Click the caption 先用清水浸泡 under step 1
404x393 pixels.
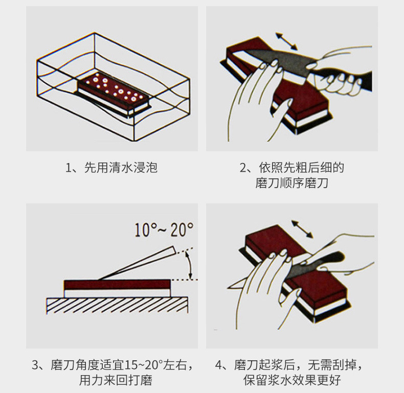click(121, 168)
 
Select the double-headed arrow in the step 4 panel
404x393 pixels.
click(302, 229)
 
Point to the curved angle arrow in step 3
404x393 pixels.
click(190, 264)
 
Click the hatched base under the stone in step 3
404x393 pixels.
click(117, 306)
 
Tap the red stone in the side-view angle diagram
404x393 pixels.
click(117, 284)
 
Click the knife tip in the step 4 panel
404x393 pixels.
click(230, 286)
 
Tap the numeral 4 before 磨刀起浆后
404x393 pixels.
click(218, 365)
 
